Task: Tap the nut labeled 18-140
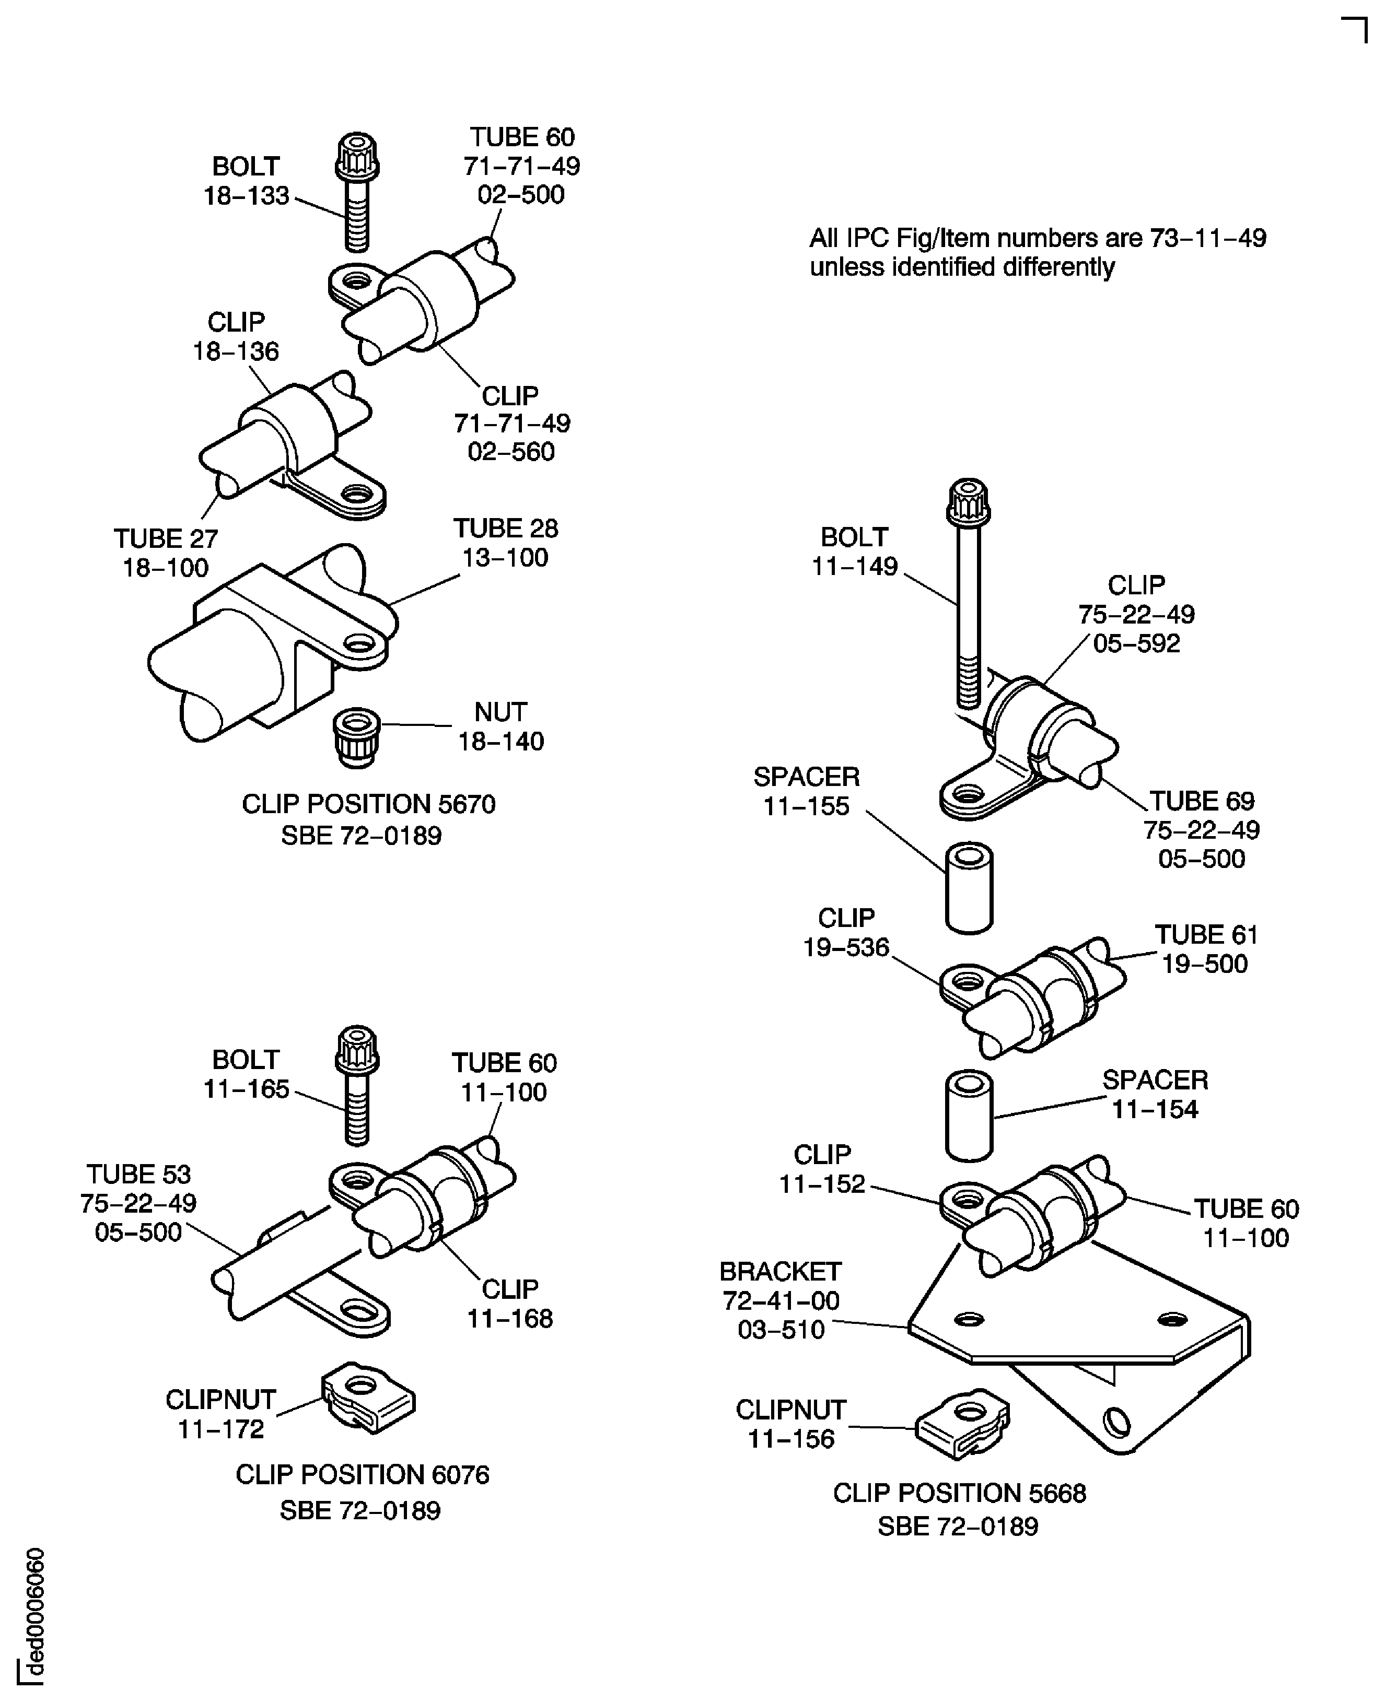click(x=357, y=738)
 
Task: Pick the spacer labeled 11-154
click(x=969, y=1115)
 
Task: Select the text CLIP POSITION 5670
click(x=369, y=804)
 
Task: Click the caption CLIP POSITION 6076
click(x=362, y=1475)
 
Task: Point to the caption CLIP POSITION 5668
click(x=959, y=1493)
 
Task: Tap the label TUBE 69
click(x=1202, y=801)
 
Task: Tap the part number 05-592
click(x=1136, y=643)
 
